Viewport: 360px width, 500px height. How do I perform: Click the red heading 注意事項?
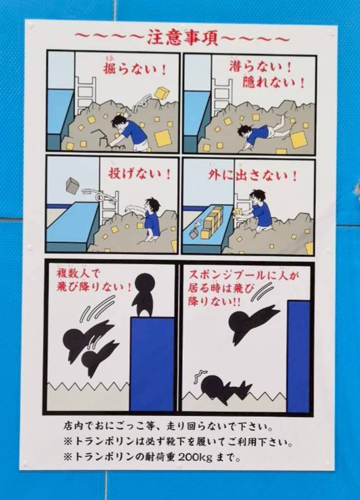pos(182,39)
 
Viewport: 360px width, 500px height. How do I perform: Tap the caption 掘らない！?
pos(135,68)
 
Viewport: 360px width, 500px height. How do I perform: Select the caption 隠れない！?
pos(274,83)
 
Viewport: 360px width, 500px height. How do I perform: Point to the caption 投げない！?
pos(140,174)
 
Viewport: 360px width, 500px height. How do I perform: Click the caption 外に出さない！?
pos(253,175)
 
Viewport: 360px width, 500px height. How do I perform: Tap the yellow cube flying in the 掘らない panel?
pos(162,93)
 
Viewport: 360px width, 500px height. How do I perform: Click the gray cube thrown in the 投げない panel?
pos(73,186)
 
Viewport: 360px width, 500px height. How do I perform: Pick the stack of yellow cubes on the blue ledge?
pos(212,223)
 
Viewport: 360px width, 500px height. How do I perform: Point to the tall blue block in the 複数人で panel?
pos(152,364)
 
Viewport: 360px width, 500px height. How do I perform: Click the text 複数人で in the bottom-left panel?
pos(78,274)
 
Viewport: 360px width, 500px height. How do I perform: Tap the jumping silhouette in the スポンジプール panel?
pos(254,322)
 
